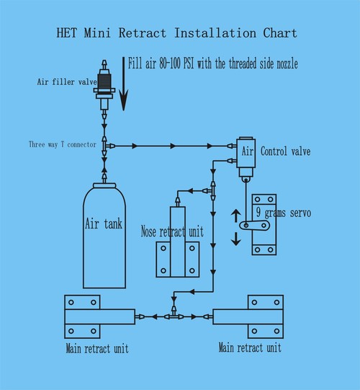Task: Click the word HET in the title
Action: (67, 33)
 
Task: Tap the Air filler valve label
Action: (67, 82)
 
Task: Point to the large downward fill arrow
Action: (123, 84)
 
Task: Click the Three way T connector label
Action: (63, 144)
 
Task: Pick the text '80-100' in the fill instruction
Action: (170, 63)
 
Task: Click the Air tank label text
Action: (104, 223)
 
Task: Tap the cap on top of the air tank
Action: (104, 185)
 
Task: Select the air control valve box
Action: (246, 152)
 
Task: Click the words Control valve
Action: (285, 151)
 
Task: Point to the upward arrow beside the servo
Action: (235, 216)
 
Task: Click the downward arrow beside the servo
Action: (235, 239)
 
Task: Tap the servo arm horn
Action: (254, 226)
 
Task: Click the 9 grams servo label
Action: (284, 213)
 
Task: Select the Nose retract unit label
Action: (172, 231)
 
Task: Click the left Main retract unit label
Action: (97, 348)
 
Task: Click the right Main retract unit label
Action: (250, 347)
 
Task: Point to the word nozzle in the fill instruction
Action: (287, 63)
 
